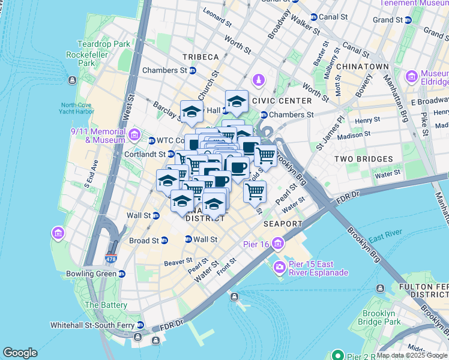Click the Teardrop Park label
coord(103,44)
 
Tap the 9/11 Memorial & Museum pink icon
coord(133,133)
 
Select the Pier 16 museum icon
coord(277,243)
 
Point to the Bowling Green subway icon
coord(122,274)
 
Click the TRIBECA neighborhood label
coord(201,57)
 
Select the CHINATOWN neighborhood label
coord(363,66)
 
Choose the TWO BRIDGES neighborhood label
coord(363,159)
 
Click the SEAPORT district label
coord(283,223)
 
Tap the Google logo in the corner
coord(20,353)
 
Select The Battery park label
coord(106,305)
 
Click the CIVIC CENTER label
coord(282,101)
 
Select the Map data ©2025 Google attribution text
coord(411,355)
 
